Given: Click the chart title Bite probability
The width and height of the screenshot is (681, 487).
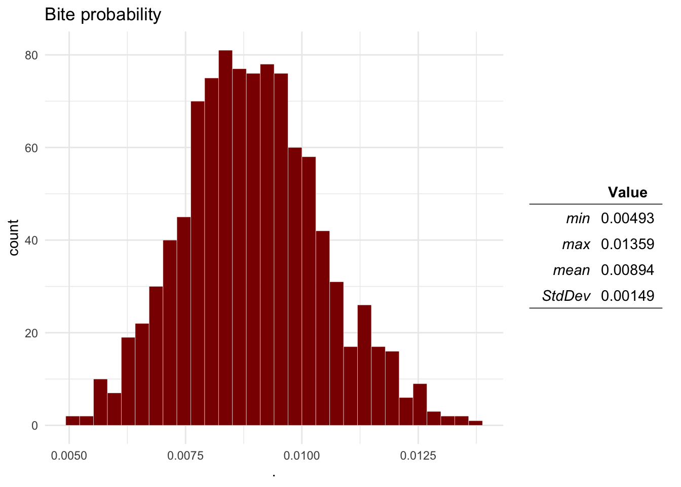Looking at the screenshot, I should point(103,15).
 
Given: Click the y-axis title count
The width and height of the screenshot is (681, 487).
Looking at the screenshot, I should point(14,237).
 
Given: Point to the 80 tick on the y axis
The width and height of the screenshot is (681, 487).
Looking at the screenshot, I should point(31,55).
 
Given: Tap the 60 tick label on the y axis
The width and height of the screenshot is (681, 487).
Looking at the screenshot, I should point(31,148).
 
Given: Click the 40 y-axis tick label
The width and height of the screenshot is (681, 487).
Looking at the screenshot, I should point(31,240).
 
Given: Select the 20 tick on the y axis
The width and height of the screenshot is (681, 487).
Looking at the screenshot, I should point(31,333).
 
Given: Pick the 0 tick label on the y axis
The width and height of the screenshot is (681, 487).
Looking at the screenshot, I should point(34,426).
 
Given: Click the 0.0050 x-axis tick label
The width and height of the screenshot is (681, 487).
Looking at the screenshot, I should point(69,456).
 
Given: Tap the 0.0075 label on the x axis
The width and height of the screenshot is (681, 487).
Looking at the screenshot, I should point(185,456).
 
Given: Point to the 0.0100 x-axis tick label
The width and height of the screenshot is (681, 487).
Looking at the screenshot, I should point(302,456).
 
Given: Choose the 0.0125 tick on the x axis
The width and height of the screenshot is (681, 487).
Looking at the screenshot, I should point(418,456).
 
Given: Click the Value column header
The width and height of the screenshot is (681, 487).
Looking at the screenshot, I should point(627,193).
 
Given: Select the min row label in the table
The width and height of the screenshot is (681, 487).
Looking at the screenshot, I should point(578,219).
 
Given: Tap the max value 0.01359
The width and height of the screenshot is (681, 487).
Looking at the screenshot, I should point(627,245).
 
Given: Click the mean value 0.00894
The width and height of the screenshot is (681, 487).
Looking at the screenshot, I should point(627,270).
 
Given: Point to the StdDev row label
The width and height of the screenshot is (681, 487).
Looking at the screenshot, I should point(566,296).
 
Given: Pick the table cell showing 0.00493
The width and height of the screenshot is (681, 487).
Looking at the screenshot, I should point(627,219).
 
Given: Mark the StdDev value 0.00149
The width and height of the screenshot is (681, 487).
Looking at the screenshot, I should point(627,296).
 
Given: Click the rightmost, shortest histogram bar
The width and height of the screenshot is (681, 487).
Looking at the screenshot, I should point(475,423).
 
